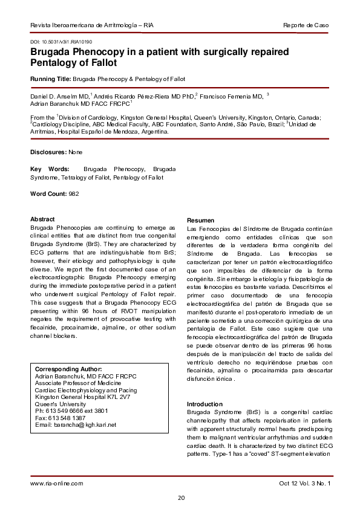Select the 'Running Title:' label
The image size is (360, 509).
pos(50,79)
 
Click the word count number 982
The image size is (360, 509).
pos(73,193)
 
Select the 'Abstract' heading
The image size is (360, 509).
pos(42,219)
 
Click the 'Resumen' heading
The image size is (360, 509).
pos(200,220)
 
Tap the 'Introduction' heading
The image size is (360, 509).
pos(205,404)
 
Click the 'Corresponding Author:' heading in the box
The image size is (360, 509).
pos(68,369)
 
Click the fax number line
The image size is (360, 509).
pos(59,417)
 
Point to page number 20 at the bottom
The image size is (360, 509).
pos(180,498)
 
